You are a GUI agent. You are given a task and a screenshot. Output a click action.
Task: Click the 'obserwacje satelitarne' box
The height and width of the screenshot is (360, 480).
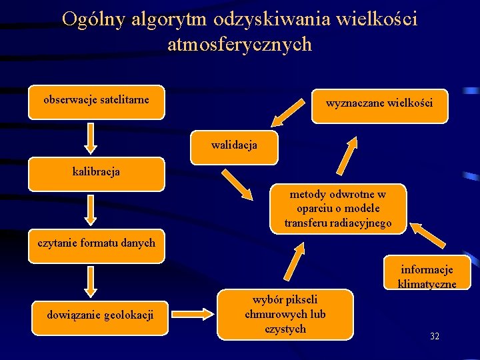(97, 102)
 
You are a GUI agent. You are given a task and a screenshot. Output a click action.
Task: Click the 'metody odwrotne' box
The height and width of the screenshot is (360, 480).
(338, 209)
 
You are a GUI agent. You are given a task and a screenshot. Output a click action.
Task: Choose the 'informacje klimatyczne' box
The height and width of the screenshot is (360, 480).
(427, 274)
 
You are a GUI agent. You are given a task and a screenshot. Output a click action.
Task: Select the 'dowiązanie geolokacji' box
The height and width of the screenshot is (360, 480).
(100, 314)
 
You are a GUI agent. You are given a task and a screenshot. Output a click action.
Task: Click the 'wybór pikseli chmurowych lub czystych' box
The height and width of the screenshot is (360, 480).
(285, 313)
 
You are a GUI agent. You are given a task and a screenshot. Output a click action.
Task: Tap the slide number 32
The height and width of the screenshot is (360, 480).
(435, 337)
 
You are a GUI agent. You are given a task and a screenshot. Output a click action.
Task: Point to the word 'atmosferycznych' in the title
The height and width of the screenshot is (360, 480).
(239, 44)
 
